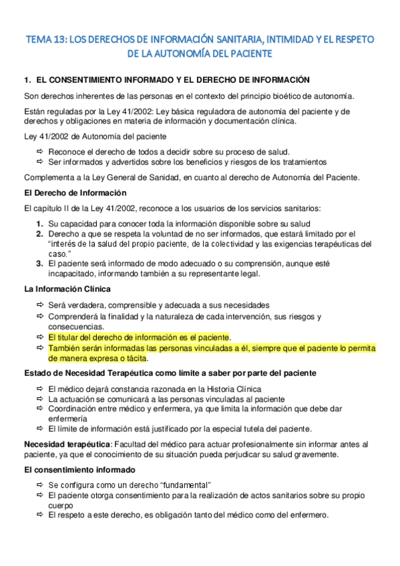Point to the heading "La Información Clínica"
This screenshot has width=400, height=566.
point(67,288)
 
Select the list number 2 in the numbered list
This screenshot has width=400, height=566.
point(40,234)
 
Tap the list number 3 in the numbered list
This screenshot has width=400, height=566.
point(40,263)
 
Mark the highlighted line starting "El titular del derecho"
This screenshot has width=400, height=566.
point(138,338)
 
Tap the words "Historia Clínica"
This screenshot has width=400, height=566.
point(231,389)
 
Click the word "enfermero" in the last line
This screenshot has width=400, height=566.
point(307,515)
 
